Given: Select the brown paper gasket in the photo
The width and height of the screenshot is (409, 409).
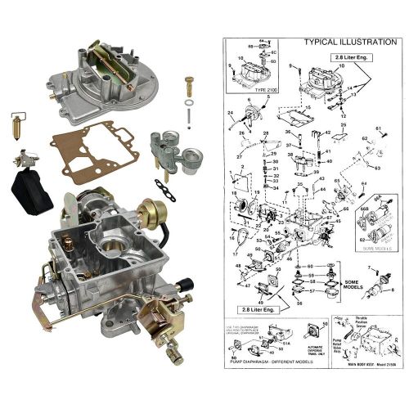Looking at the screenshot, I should [x=92, y=153].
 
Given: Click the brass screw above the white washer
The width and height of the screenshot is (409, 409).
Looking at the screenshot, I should [x=190, y=84].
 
